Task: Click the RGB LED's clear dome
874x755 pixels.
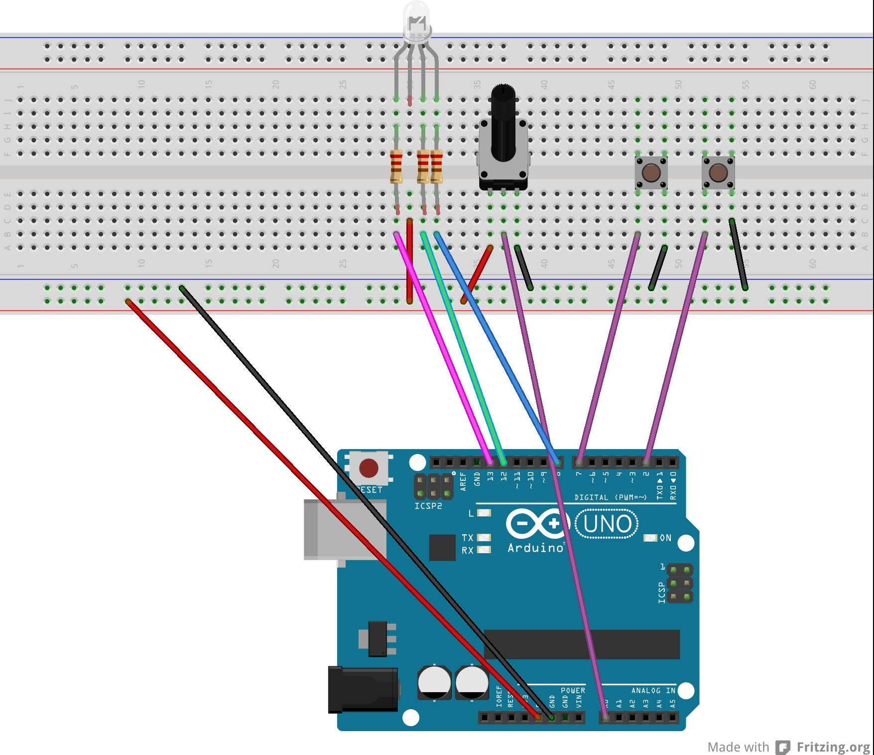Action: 416,20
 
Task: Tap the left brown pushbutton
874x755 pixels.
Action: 651,173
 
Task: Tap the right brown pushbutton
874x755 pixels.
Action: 718,173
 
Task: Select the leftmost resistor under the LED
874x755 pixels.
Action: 396,166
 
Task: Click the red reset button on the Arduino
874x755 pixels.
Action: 369,468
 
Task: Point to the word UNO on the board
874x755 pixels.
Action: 607,524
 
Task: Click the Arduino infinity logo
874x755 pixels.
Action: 538,523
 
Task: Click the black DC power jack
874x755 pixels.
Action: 363,690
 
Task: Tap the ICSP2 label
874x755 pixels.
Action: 428,506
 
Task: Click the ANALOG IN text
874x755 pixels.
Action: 653,690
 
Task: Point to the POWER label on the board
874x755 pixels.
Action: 573,690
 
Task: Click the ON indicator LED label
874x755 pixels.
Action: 665,538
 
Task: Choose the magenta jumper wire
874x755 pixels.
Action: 443,349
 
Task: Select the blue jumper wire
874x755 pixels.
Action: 498,349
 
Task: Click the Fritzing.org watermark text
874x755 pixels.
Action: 833,747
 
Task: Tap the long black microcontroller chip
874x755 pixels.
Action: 582,644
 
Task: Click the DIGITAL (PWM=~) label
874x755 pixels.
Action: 610,497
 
